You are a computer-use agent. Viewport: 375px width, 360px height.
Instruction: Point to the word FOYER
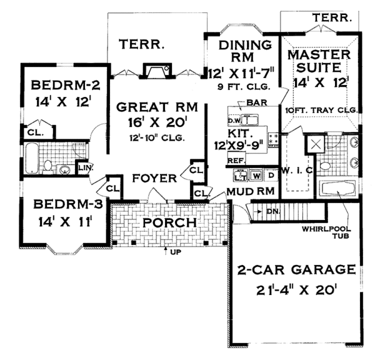click(x=155, y=179)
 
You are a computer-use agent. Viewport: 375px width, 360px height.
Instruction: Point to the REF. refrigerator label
click(x=236, y=161)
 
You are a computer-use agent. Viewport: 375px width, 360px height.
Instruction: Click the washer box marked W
click(x=256, y=176)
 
